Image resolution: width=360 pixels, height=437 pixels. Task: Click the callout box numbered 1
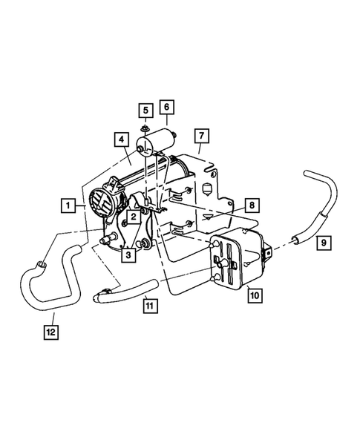pyautogui.click(x=68, y=204)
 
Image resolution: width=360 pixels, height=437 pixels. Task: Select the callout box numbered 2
pyautogui.click(x=131, y=217)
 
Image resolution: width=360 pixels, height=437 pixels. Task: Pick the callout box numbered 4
pyautogui.click(x=119, y=139)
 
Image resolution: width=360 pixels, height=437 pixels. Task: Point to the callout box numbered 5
pyautogui.click(x=145, y=111)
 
